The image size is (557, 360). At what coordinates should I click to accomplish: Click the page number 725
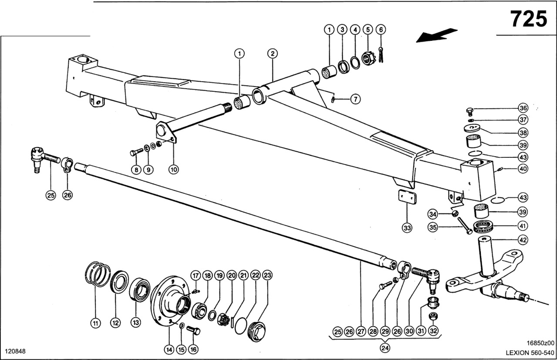coord(529,19)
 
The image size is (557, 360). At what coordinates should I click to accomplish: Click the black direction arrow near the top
coord(436,36)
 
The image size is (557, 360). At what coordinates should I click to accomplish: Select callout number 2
coord(272,54)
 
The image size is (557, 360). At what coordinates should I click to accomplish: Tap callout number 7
coord(356,99)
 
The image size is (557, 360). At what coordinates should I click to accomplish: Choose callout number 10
coord(174,170)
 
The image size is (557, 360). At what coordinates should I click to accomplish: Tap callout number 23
coord(268,275)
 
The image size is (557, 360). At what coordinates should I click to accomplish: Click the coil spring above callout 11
coord(97,274)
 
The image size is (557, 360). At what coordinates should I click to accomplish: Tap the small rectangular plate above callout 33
coord(407,198)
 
